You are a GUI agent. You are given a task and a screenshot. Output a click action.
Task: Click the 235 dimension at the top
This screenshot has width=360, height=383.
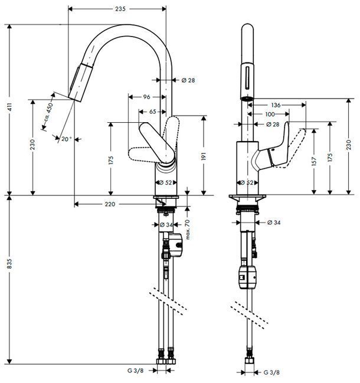[x=120, y=9]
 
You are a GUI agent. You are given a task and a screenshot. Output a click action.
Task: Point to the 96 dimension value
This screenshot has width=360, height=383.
[x=147, y=97]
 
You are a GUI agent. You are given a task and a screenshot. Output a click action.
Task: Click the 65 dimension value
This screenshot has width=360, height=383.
[x=152, y=111]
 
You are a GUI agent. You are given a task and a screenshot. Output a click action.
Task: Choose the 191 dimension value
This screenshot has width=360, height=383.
[x=203, y=158]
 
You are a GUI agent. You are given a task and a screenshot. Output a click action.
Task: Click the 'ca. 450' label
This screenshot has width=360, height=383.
[x=49, y=114]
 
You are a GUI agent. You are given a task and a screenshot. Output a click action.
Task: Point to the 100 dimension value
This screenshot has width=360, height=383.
[x=270, y=114]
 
